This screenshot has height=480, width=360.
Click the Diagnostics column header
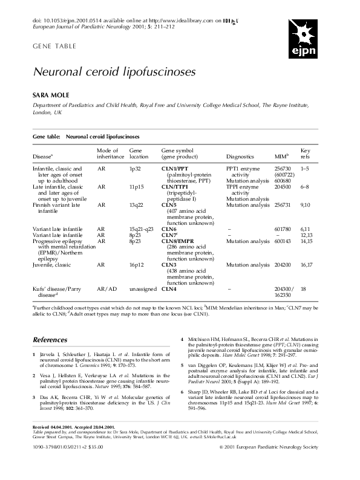(240, 156)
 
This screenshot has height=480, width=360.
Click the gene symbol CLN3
(169, 265)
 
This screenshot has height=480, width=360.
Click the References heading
(50, 340)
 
